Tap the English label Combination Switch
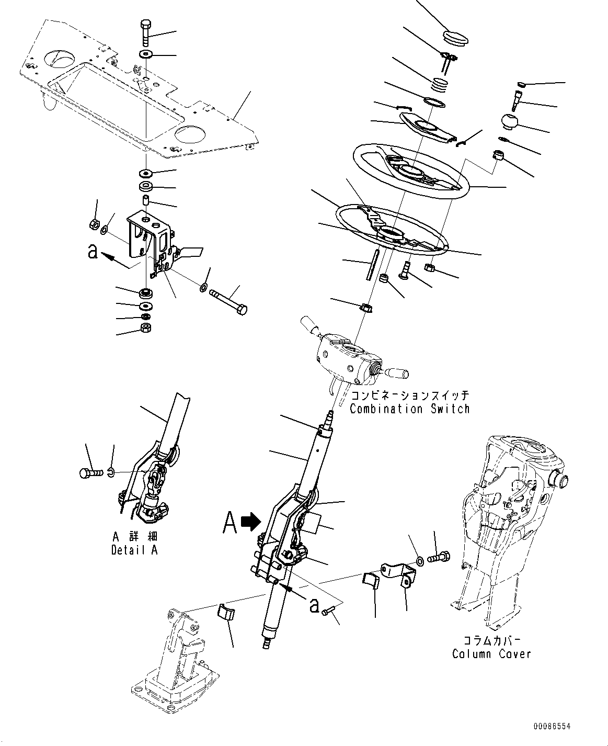409,409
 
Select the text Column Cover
491,653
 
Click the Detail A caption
134,550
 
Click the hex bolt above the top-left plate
145,31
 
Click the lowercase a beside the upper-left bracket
93,252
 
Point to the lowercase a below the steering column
314,605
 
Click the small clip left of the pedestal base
225,613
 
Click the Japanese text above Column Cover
491,640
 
